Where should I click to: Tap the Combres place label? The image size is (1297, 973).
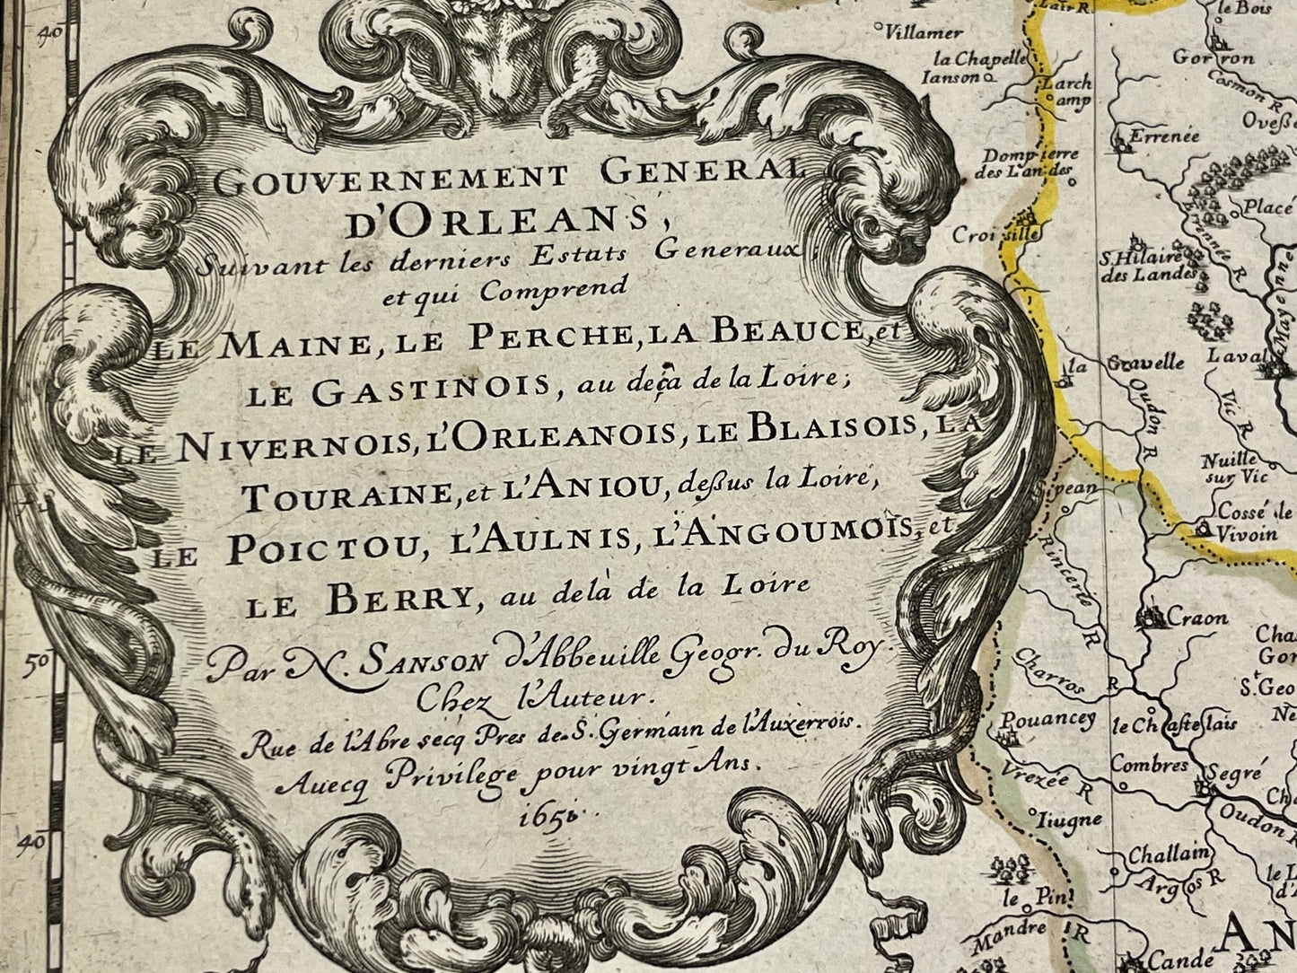(1149, 765)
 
